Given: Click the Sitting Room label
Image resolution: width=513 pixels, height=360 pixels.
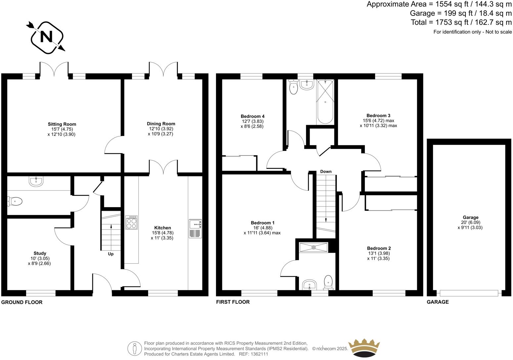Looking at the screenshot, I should [62, 124].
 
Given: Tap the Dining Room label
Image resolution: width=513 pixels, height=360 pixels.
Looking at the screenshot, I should [161, 124].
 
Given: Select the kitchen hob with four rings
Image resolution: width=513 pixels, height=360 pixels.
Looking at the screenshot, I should [132, 222].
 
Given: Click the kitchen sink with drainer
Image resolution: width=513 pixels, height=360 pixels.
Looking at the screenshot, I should [195, 229].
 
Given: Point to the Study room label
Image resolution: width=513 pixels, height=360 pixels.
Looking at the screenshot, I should [40, 253].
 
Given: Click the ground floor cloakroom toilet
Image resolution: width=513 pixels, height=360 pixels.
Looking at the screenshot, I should [15, 201].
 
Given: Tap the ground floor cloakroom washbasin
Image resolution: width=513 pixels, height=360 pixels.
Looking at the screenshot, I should [35, 181].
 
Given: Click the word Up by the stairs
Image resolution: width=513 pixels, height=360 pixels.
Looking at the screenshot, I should [111, 254].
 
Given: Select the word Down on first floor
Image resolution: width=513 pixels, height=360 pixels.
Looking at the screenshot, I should [326, 171].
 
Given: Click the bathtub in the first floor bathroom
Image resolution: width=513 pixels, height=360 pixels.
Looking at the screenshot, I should [325, 102].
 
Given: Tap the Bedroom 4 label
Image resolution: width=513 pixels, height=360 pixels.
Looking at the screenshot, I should [252, 116].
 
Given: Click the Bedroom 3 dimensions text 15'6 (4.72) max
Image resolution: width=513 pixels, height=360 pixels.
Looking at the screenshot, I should [378, 121].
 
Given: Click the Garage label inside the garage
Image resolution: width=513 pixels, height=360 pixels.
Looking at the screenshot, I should [470, 217].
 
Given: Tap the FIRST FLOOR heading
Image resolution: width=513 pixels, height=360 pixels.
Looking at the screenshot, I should [233, 302].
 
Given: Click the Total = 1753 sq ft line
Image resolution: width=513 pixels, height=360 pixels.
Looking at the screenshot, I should [461, 22].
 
